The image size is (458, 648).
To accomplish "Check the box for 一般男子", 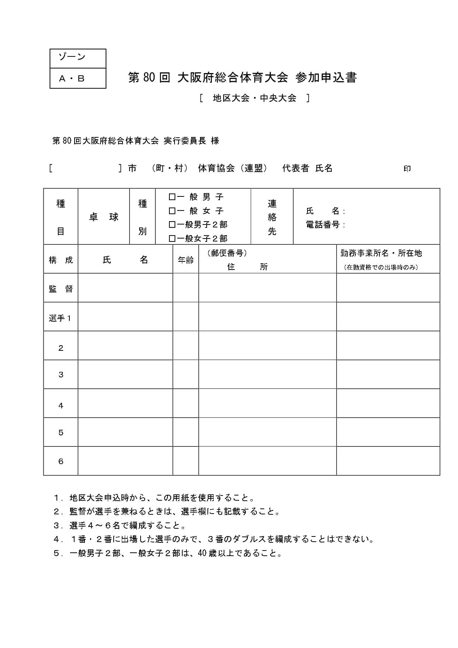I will (172, 197).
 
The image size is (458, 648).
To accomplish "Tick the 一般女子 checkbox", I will (172, 211).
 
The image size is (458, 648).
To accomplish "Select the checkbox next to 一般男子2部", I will (172, 224).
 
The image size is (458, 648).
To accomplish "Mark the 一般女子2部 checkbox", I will (172, 239).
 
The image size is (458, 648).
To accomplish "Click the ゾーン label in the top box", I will (72, 57).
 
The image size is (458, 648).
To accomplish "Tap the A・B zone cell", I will (72, 78).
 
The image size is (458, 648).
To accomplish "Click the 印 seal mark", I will (407, 169).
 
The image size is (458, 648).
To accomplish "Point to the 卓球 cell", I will (104, 217).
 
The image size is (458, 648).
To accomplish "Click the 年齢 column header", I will (186, 260).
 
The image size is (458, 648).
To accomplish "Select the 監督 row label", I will (61, 289).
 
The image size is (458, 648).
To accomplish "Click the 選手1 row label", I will (60, 318).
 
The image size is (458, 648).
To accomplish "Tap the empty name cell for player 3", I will (125, 374).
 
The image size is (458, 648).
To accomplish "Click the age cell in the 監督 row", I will (186, 288).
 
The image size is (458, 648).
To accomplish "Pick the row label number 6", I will (61, 461).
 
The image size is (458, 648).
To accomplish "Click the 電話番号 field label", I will (323, 224).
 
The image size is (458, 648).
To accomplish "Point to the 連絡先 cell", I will (272, 217).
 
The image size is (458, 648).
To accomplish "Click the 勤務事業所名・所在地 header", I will (381, 253).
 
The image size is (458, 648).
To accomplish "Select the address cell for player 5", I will (268, 432).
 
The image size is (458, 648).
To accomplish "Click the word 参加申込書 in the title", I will (326, 78).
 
